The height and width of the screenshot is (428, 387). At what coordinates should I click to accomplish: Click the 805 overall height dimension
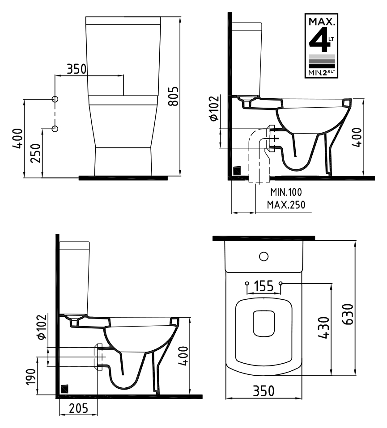click(x=173, y=96)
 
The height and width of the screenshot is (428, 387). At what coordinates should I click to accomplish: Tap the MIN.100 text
click(x=286, y=192)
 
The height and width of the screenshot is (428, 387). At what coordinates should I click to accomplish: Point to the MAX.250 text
click(x=286, y=205)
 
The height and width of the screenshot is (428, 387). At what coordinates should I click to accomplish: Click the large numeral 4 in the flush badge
click(x=319, y=40)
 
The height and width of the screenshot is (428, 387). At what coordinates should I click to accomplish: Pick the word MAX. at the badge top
click(x=322, y=21)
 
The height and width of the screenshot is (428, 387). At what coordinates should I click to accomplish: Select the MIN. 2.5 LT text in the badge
click(x=322, y=73)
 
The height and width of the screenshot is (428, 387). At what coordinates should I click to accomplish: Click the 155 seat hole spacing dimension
click(x=264, y=286)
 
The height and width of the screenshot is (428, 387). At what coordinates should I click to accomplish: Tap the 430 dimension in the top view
click(x=324, y=327)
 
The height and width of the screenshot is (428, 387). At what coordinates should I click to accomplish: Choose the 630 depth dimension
click(x=348, y=314)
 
